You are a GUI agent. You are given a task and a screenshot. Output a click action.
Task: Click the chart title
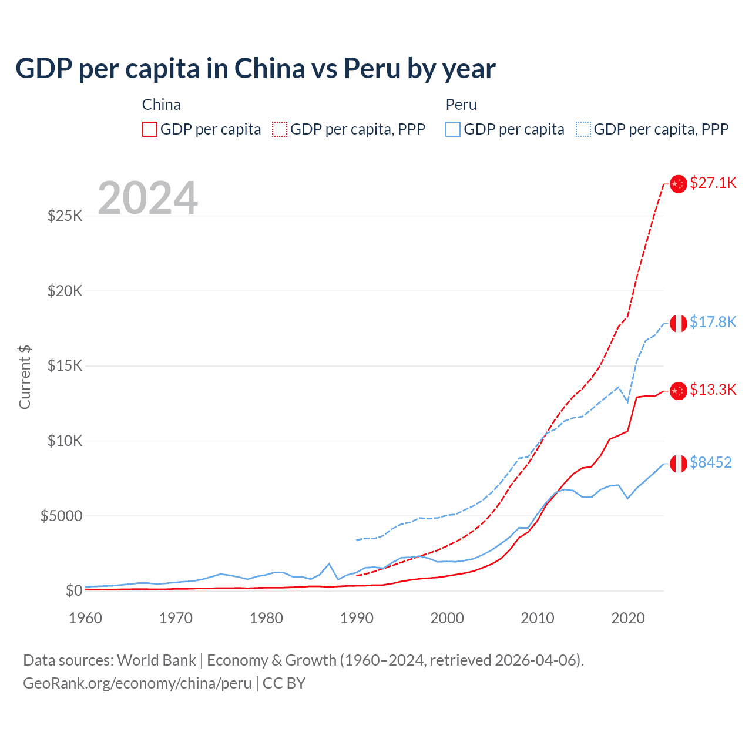[x=256, y=69]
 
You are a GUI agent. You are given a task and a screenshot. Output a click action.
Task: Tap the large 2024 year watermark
[x=147, y=198]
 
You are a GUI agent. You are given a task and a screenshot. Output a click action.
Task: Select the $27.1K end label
[x=713, y=183]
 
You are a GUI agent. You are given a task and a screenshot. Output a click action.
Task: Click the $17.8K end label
[x=713, y=322]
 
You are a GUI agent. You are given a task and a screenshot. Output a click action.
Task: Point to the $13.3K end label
[x=713, y=390]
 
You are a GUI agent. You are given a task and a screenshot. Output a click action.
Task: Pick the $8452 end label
[x=710, y=462]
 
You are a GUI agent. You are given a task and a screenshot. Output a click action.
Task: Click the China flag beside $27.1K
[x=679, y=184]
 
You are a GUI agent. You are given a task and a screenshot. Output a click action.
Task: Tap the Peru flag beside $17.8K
[x=679, y=323]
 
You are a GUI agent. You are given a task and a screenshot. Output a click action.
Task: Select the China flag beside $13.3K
[x=679, y=391]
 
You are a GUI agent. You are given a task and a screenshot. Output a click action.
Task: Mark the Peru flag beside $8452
[x=679, y=464]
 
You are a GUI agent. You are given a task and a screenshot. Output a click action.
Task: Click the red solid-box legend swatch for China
[x=150, y=129]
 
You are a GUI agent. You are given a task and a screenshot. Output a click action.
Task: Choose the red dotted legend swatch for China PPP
[x=280, y=129]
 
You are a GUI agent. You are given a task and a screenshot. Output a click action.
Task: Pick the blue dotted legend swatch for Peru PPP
[x=583, y=129]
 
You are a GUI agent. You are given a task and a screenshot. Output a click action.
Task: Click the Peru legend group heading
[x=461, y=105]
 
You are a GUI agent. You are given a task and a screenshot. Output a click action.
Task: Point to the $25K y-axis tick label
[x=65, y=216]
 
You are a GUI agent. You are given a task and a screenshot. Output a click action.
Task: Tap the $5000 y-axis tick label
[x=61, y=516]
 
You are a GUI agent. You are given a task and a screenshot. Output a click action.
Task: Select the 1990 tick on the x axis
[x=357, y=618]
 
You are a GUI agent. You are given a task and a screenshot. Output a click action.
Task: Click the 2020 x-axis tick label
[x=628, y=618]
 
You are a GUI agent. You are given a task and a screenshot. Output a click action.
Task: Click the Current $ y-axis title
[x=25, y=377]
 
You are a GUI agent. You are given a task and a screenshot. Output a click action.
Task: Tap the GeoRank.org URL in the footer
[x=137, y=683]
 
